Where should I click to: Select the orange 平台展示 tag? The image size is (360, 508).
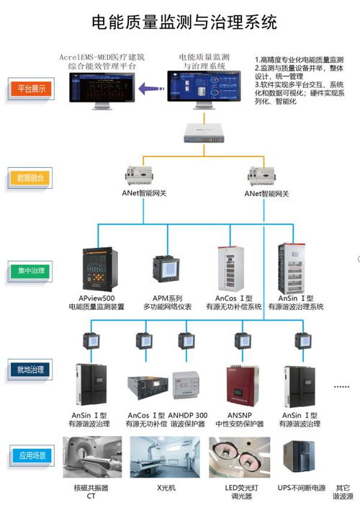pyautogui.click(x=30, y=89)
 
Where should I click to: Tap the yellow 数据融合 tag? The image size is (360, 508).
pyautogui.click(x=30, y=177)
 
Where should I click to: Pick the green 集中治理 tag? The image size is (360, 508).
pyautogui.click(x=30, y=271)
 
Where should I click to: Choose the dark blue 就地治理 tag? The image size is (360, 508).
pyautogui.click(x=30, y=370)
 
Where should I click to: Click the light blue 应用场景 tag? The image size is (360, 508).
pyautogui.click(x=30, y=455)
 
